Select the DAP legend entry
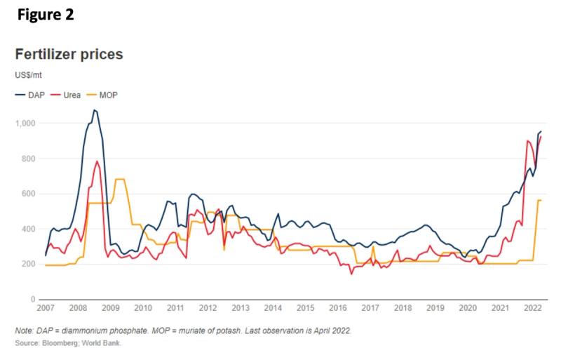(32, 94)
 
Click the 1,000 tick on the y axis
(27, 124)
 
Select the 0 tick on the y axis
(34, 300)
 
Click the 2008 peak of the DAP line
(95, 110)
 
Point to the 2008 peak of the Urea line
(97, 161)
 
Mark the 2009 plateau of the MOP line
(120, 180)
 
